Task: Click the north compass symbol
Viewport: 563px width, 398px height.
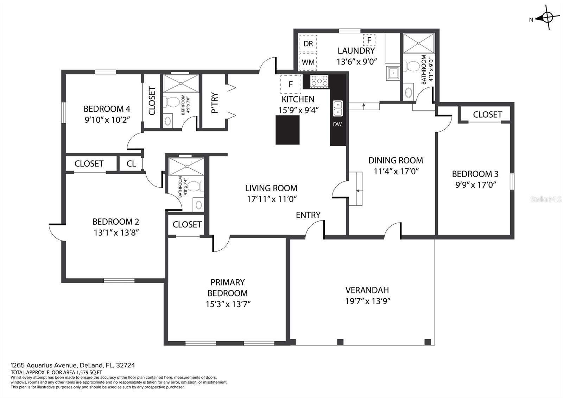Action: [x=547, y=18]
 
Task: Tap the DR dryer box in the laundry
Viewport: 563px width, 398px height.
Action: [x=308, y=44]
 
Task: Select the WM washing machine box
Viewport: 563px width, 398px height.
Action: [x=308, y=62]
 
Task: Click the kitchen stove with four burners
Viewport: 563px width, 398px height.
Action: [x=319, y=81]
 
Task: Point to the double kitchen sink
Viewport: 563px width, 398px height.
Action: [x=337, y=108]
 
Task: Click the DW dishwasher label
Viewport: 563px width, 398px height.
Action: [x=337, y=124]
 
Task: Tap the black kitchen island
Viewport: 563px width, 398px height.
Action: [x=287, y=130]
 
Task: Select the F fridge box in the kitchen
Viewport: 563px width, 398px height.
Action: [x=291, y=84]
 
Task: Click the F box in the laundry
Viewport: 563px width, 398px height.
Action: [x=369, y=40]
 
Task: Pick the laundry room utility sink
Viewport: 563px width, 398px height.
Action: [x=393, y=73]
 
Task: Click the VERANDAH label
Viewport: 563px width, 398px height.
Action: [x=367, y=290]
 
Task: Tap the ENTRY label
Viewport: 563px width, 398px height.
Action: [x=308, y=215]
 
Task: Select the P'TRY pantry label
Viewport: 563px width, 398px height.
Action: [x=214, y=102]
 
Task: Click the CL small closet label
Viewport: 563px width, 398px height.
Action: [x=131, y=164]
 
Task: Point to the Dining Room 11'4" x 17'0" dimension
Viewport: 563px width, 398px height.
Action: [x=396, y=171]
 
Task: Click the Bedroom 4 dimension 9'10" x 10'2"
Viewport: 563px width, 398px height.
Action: [x=107, y=120]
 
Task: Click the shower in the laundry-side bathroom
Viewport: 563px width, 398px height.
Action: [x=418, y=43]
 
